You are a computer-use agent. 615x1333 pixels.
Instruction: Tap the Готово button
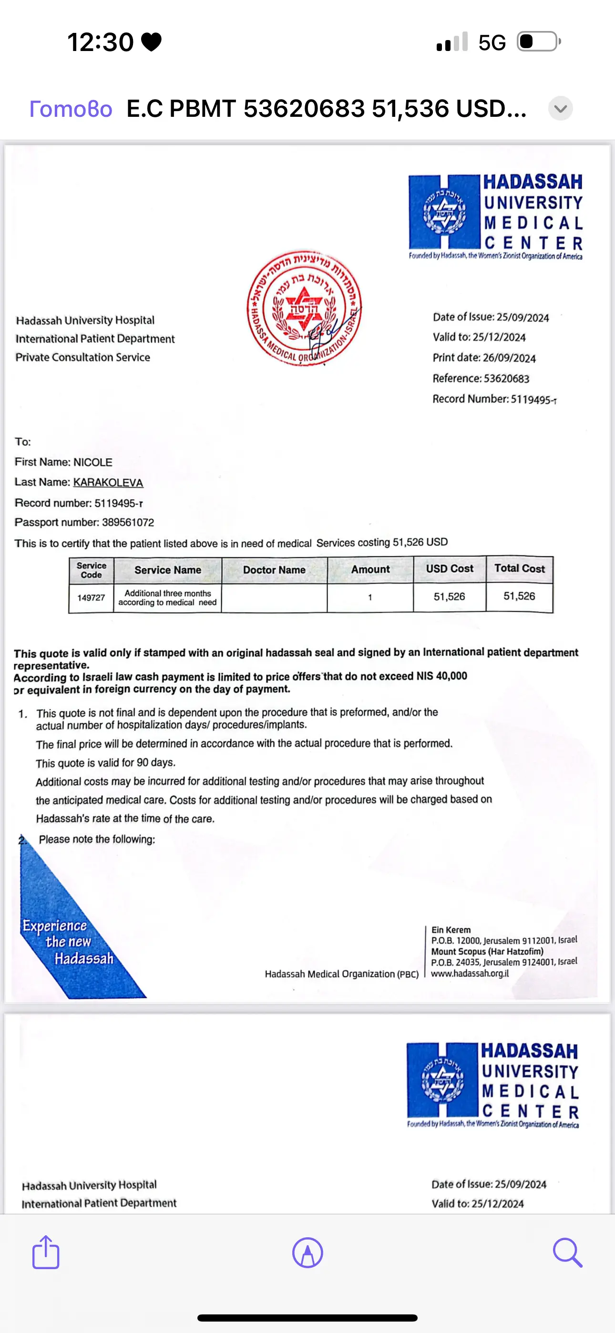(71, 109)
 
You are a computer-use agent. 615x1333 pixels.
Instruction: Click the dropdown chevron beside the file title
(560, 109)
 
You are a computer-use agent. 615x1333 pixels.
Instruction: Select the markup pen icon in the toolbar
(307, 1253)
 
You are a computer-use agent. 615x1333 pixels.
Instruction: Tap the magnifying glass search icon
(567, 1252)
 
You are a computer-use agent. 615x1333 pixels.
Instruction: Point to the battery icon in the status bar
(539, 41)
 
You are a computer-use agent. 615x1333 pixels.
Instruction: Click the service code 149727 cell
(91, 598)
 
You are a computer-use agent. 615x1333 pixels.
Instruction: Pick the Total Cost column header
(519, 568)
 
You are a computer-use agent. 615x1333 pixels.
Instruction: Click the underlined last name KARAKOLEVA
(108, 482)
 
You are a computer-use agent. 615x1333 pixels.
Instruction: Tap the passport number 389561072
(128, 522)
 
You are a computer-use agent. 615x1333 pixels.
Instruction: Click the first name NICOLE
(93, 462)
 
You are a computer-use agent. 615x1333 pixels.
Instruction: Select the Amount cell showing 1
(369, 597)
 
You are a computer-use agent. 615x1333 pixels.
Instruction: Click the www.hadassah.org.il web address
(470, 974)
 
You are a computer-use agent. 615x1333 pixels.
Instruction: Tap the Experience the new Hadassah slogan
(68, 942)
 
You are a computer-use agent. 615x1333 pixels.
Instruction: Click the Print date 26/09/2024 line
(484, 358)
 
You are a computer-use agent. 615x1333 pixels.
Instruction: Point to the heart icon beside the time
(151, 42)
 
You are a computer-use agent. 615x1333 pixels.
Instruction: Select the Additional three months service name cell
(167, 598)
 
